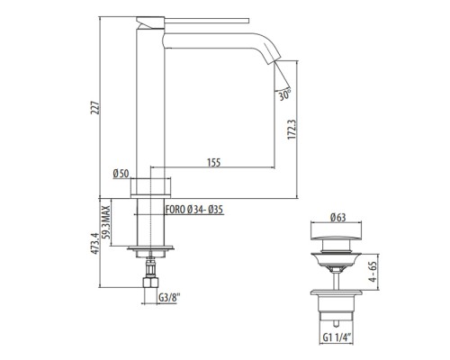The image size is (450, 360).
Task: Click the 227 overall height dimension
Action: [95, 108]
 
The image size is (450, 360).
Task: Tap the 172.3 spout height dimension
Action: [292, 130]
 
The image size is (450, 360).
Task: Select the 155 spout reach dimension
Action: [214, 162]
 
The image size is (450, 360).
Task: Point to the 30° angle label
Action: [284, 94]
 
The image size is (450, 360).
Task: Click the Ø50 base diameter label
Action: [121, 174]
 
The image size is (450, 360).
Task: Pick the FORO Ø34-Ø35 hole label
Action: [194, 210]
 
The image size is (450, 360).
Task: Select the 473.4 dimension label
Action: [95, 243]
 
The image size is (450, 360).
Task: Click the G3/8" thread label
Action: [169, 298]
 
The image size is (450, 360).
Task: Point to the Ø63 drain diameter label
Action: [338, 217]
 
